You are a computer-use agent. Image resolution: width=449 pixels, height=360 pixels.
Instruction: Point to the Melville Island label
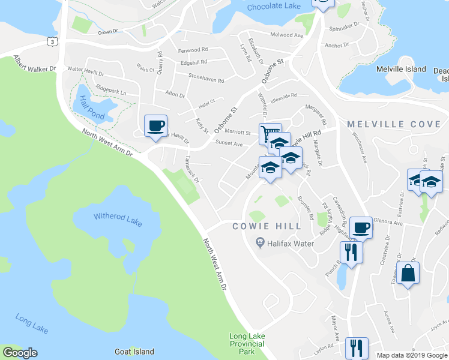401,70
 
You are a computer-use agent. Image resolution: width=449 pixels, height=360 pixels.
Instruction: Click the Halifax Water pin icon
260,242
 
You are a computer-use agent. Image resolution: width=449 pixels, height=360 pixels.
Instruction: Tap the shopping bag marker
408,273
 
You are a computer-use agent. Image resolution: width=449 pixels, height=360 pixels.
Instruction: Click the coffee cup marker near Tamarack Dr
155,125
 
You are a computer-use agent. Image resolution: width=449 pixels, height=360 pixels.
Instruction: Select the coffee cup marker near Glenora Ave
361,227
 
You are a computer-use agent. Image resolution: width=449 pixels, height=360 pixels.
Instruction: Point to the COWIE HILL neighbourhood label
259,226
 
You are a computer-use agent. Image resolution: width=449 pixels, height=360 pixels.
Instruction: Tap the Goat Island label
134,352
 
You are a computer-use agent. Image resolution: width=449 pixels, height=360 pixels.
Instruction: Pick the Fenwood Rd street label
193,50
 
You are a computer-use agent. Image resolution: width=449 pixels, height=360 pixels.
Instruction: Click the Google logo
20,353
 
